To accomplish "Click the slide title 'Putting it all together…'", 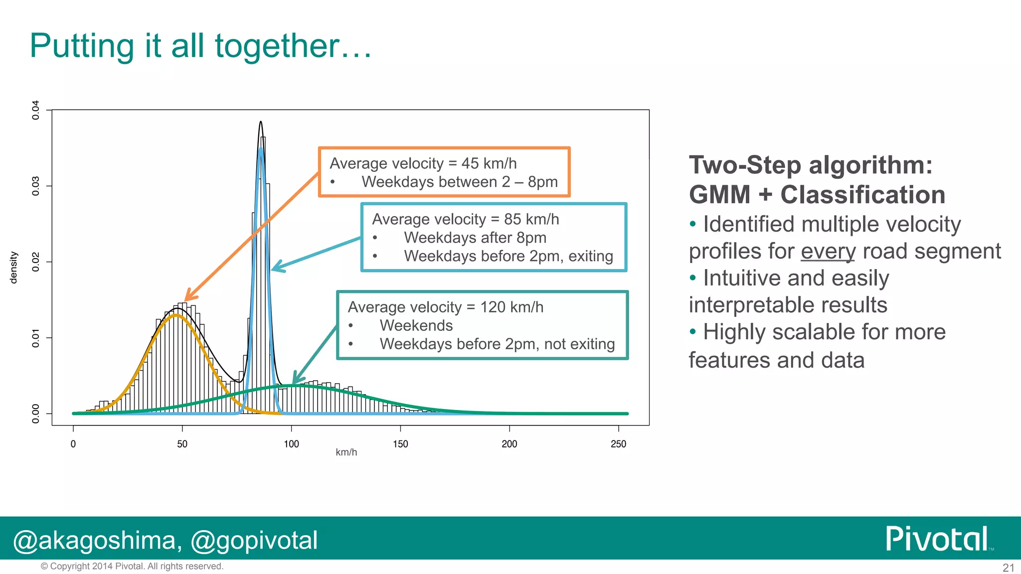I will pos(200,46).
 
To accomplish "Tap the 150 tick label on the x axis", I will pos(400,444).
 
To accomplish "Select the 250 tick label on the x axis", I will pos(618,444).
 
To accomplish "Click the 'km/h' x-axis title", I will pos(346,452).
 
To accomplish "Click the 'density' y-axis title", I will pos(13,268).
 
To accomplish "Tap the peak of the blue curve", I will pos(261,148).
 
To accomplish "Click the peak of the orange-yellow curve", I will pos(175,315).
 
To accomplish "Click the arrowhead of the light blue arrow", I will pos(274,269).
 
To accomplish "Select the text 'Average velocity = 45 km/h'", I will pos(423,163).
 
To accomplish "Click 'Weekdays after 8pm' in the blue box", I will pos(475,238).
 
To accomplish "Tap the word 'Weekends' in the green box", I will pos(416,325).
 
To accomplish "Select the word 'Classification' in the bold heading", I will pos(862,195).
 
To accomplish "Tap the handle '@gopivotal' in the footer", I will pos(254,541).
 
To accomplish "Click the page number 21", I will pos(1008,568).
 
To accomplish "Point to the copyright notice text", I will pos(132,567).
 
